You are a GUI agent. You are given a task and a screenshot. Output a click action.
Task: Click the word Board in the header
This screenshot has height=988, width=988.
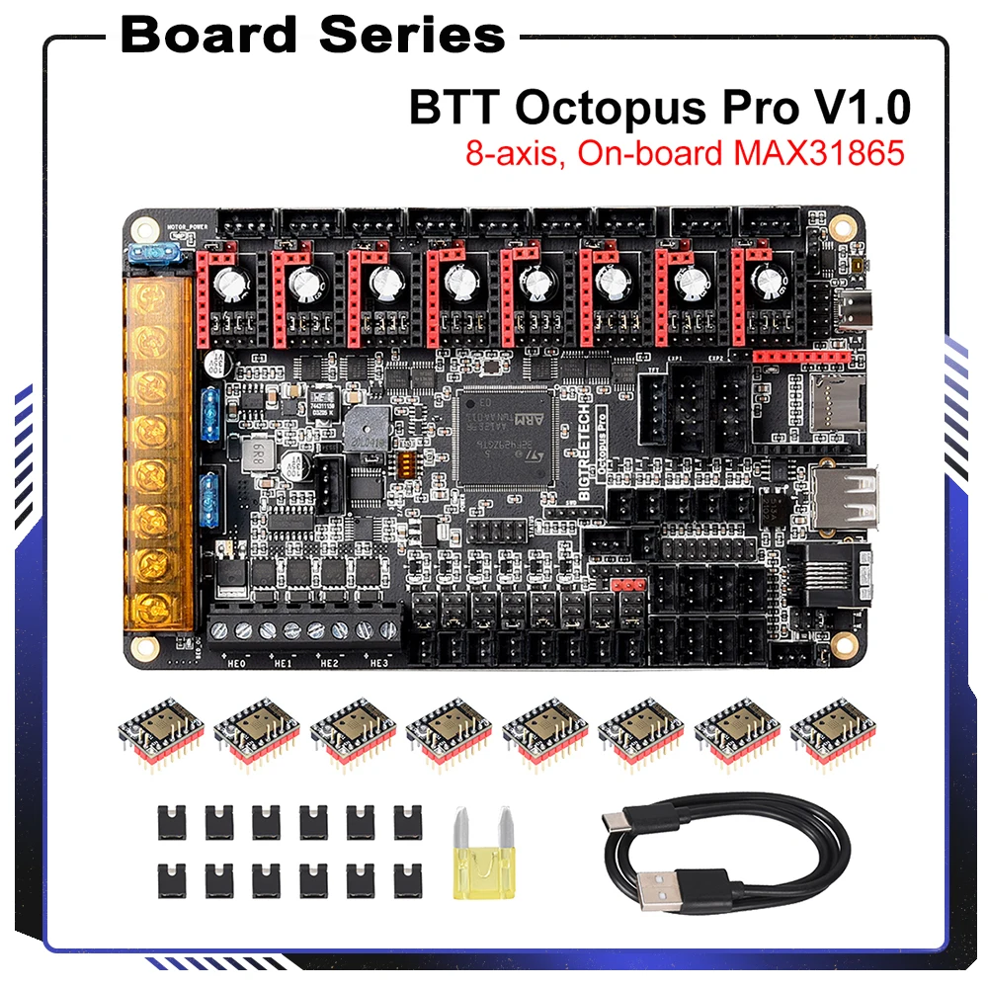pyautogui.click(x=207, y=36)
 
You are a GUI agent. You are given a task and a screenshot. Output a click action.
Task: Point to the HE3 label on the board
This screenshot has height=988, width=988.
pyautogui.click(x=378, y=663)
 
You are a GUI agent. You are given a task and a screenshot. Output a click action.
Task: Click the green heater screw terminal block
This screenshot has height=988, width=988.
pyautogui.click(x=305, y=628)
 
